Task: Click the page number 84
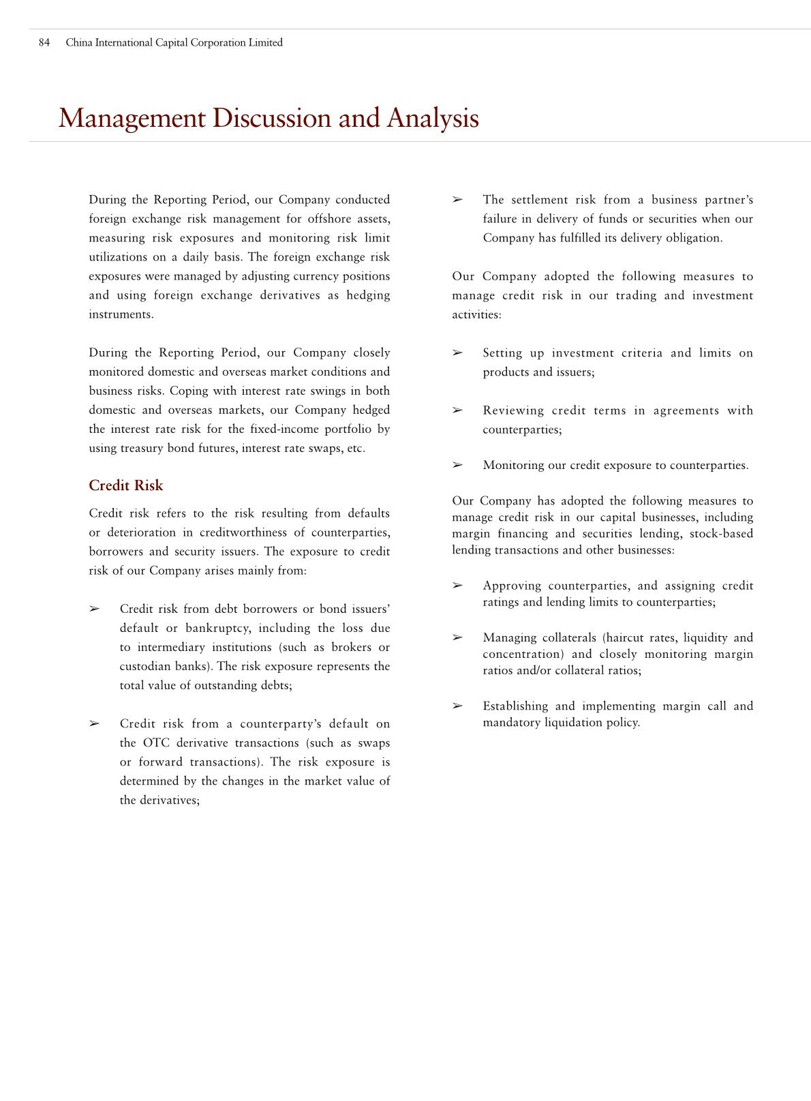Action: click(44, 43)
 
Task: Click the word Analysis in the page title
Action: click(433, 118)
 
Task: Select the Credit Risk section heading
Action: click(126, 485)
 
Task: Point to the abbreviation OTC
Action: click(156, 743)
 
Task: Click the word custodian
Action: click(142, 667)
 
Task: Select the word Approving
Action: click(512, 586)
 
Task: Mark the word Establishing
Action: click(515, 706)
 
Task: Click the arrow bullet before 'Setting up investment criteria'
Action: click(457, 353)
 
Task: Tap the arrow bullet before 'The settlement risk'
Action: click(457, 200)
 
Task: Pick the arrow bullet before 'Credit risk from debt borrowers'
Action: click(94, 609)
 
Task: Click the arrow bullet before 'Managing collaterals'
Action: click(457, 638)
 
